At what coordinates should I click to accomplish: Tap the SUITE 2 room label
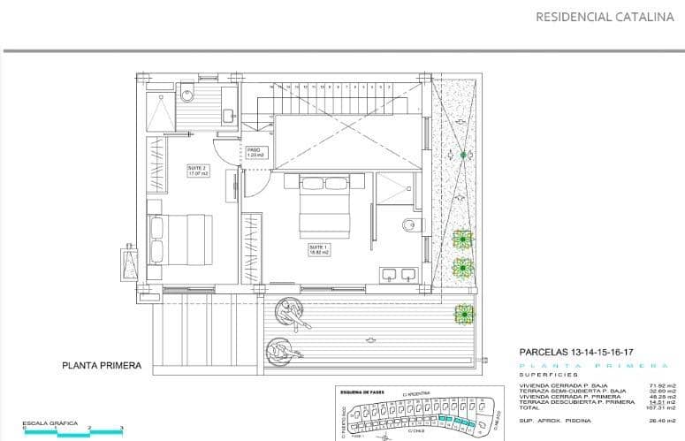pos(197,170)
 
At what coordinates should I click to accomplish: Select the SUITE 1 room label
pos(318,250)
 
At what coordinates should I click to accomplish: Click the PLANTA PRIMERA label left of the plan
pos(102,365)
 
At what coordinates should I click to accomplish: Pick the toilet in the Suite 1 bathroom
pos(410,224)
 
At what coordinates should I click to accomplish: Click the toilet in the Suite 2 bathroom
pos(186,94)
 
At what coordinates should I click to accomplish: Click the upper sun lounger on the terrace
pos(288,311)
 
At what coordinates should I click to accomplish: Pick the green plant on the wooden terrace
pos(463,313)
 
